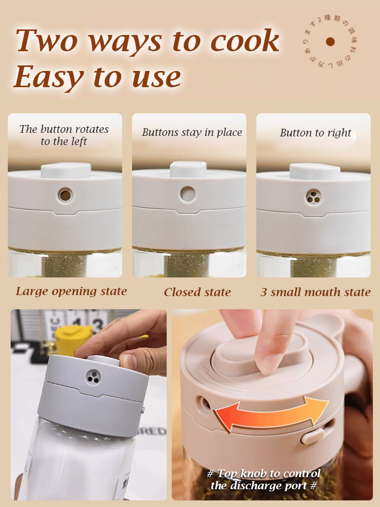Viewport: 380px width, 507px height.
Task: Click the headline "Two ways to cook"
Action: (147, 41)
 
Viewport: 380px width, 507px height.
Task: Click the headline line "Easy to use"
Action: (97, 77)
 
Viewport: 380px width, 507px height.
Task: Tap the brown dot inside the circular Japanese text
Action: (330, 42)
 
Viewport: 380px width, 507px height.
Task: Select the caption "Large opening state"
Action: (71, 291)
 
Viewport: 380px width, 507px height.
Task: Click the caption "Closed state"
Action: (197, 292)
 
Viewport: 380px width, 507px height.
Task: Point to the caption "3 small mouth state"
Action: (315, 292)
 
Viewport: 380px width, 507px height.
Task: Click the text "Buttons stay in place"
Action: (192, 132)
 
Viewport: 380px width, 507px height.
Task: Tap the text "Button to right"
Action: (315, 133)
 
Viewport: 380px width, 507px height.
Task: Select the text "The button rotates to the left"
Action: (64, 135)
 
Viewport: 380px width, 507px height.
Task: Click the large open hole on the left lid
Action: (64, 194)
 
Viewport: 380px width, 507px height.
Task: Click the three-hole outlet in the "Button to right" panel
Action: (313, 196)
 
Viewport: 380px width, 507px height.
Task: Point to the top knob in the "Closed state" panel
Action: (188, 169)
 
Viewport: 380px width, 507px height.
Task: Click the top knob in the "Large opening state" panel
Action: (64, 170)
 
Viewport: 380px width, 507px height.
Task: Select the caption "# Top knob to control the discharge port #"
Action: (263, 480)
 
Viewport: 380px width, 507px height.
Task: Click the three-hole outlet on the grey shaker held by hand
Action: (93, 376)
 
